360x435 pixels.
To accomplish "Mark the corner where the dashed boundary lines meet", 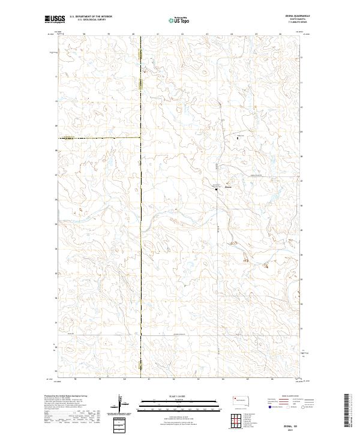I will (x=140, y=138).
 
